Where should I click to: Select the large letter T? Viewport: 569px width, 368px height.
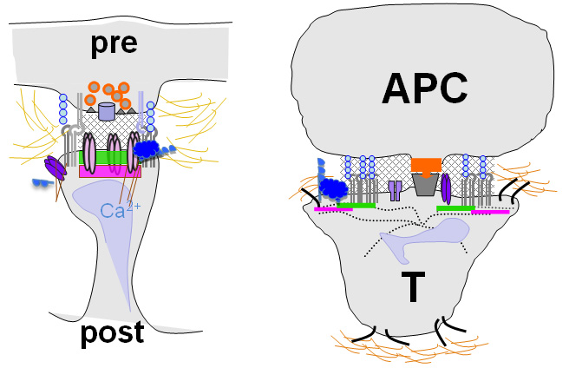[415, 286]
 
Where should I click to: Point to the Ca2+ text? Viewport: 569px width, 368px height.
[116, 209]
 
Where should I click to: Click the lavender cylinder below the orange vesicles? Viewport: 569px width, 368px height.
[107, 111]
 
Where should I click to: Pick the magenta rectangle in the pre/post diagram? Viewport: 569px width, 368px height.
[109, 172]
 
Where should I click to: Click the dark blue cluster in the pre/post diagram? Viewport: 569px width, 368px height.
[152, 150]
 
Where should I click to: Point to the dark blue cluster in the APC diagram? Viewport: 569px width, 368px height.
[334, 187]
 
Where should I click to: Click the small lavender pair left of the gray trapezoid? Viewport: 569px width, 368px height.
[396, 190]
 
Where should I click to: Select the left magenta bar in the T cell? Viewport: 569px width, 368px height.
[332, 209]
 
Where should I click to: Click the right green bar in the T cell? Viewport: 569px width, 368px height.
[455, 207]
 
